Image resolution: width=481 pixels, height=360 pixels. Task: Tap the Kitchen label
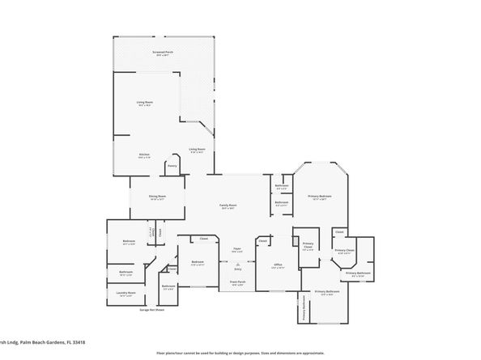point(144,155)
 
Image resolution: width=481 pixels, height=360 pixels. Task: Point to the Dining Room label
point(157,197)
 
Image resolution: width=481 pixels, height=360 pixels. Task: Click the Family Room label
point(228,205)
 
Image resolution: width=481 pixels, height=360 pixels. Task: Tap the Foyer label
point(237,249)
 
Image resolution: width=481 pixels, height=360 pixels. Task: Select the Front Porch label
point(237,283)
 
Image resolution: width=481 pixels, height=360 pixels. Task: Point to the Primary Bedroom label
point(319,197)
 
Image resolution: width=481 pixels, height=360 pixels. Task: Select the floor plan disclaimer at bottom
point(240,354)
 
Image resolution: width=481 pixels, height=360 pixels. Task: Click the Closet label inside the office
point(263,239)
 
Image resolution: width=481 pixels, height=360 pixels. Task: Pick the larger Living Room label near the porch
point(144,103)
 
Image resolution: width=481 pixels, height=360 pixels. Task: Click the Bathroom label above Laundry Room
point(126,272)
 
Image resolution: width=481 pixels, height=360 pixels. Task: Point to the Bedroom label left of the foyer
point(198,262)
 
